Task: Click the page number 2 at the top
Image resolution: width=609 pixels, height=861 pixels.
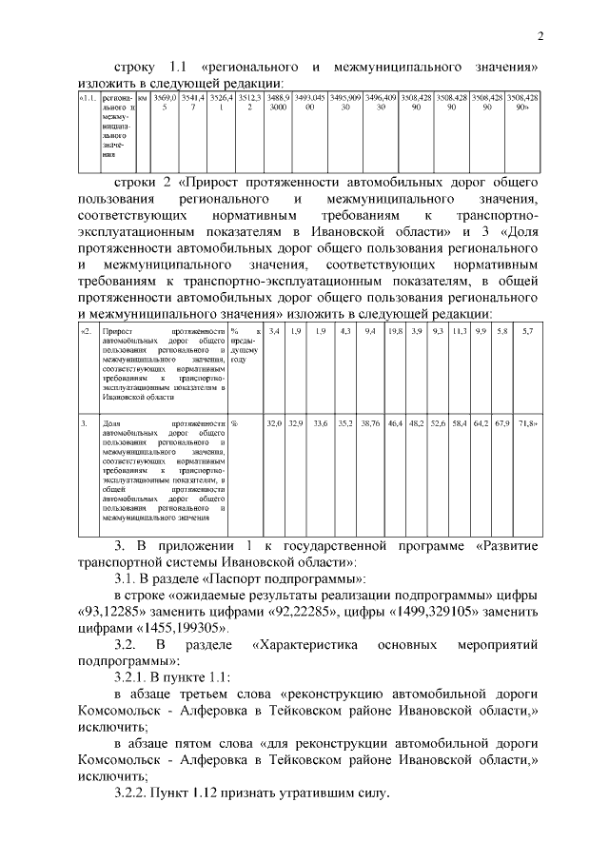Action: (540, 37)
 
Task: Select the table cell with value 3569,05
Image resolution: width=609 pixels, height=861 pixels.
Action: (165, 103)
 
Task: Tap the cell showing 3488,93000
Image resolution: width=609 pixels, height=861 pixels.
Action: (279, 103)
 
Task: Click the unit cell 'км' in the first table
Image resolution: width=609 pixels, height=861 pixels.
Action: (143, 98)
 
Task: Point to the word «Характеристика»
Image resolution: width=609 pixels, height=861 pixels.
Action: (305, 645)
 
